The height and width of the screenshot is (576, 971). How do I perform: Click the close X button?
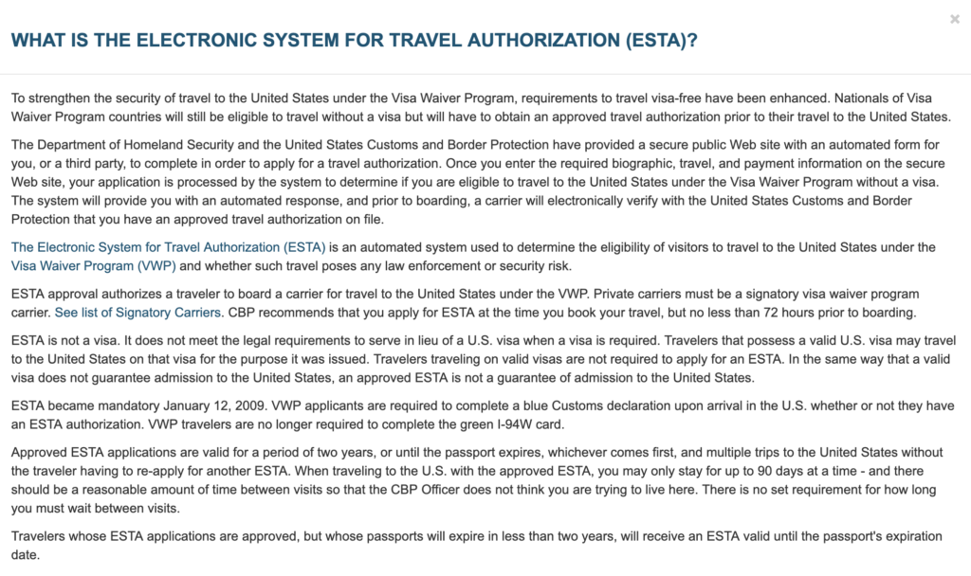955,19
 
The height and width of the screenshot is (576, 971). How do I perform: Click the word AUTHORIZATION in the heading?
525,41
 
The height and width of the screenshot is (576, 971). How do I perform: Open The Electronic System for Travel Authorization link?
169,247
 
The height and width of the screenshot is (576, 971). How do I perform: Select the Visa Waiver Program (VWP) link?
94,265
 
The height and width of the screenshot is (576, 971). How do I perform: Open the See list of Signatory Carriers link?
139,312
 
